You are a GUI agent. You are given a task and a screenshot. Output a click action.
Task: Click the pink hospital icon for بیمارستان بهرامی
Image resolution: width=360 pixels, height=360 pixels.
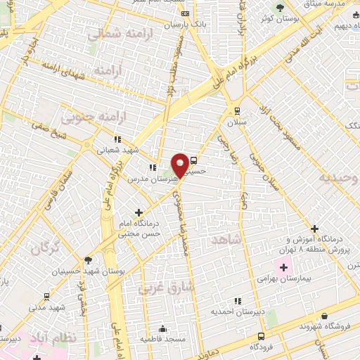(283, 268)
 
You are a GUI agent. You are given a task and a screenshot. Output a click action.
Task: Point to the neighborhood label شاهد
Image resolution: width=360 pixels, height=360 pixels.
(225, 240)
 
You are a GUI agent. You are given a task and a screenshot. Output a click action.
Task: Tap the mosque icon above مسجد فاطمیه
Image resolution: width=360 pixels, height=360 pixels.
(164, 328)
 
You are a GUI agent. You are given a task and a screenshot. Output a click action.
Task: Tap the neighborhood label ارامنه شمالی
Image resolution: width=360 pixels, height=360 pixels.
(116, 33)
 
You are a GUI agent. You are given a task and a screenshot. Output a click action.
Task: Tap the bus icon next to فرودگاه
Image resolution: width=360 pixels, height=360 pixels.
(262, 336)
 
